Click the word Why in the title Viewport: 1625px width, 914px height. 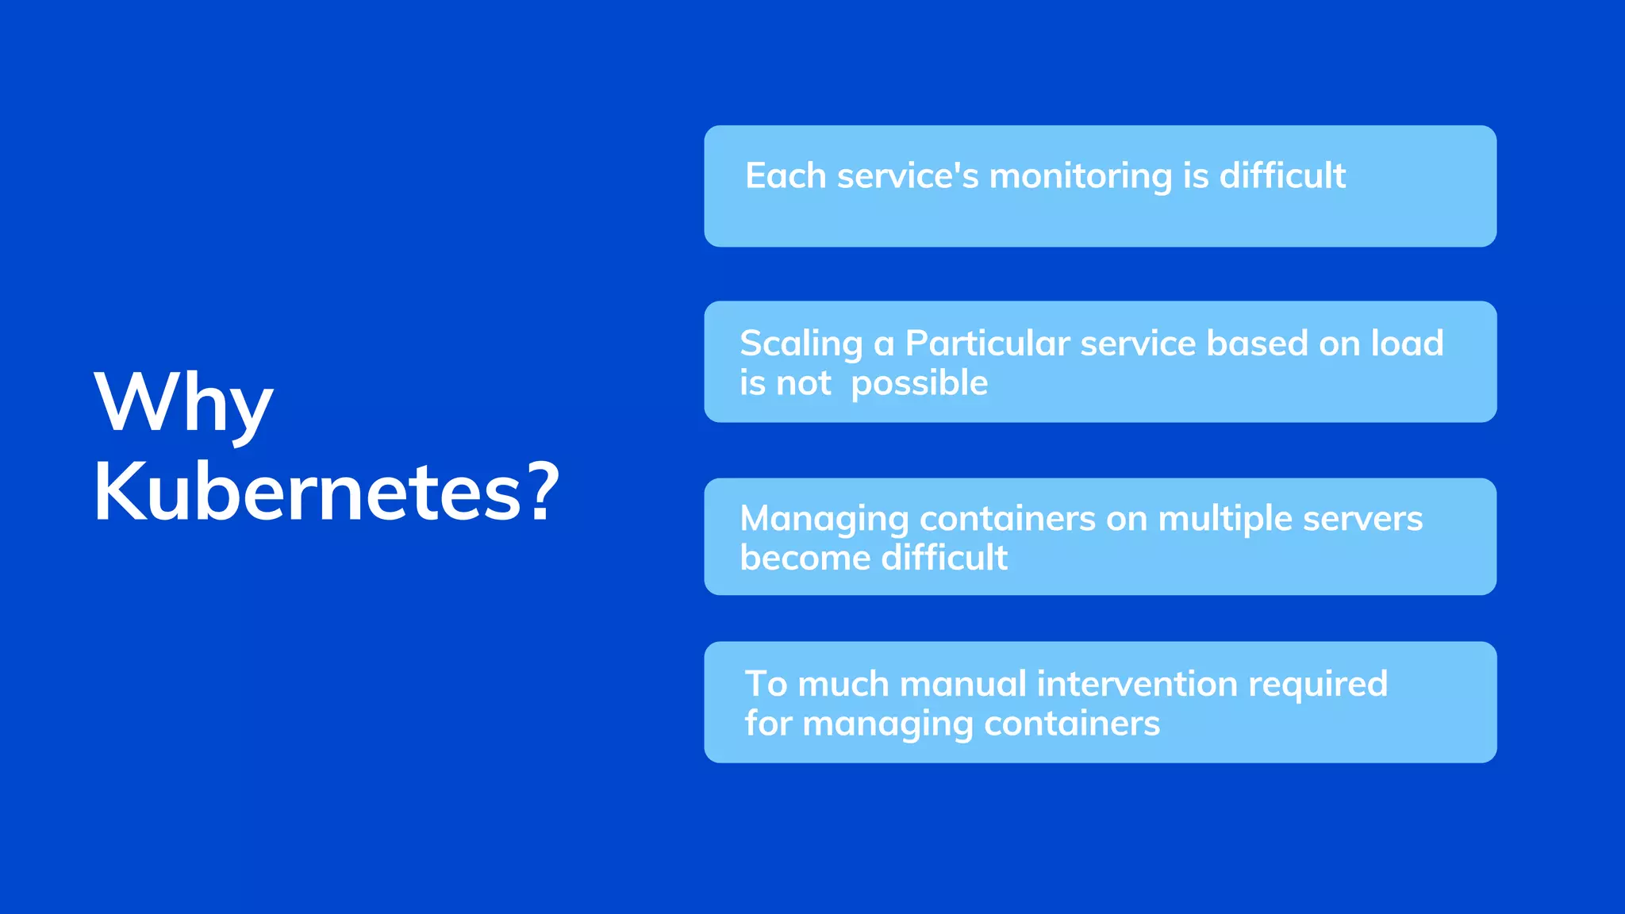pos(183,403)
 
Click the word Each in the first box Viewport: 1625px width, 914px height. pos(786,175)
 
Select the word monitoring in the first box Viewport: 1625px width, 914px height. pos(1080,176)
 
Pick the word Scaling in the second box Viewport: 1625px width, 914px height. pos(801,344)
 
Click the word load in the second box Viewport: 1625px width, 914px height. pos(1407,343)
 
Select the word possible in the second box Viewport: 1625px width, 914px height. pos(919,384)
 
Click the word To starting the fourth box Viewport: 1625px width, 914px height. pos(766,684)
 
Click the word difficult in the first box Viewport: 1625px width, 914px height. pos(1282,175)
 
